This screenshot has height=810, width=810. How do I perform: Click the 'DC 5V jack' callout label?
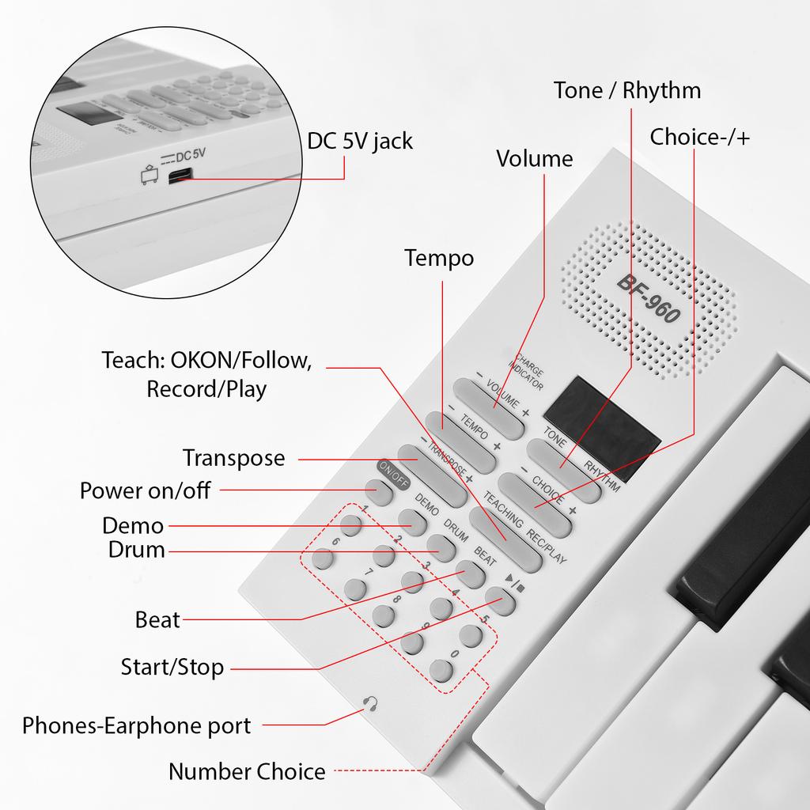[360, 141]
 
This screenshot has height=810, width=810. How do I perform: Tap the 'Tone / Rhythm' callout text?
[626, 90]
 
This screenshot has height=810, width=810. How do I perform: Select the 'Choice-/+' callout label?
[700, 137]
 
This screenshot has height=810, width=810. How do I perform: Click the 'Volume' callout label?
[534, 159]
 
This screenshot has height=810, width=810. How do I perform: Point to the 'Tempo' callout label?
[439, 259]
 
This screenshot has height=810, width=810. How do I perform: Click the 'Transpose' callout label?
[233, 458]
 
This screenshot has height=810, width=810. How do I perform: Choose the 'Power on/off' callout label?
[145, 490]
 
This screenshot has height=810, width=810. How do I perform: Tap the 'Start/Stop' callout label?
[172, 667]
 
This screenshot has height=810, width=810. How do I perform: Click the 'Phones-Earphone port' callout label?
[136, 725]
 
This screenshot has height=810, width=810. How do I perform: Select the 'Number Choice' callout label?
[246, 771]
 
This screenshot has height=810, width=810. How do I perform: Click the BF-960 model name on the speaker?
[648, 298]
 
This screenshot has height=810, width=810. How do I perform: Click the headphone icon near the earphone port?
[369, 702]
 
